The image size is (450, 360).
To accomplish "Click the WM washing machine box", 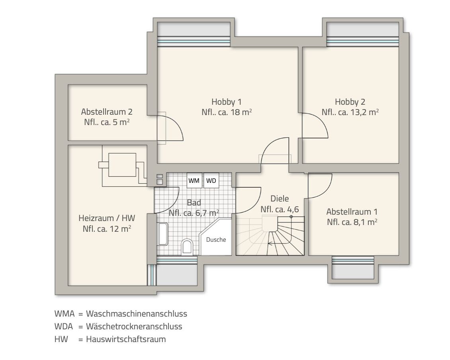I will [x=194, y=180].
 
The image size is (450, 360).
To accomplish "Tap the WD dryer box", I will [x=211, y=180].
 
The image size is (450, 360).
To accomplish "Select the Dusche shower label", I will [x=216, y=240].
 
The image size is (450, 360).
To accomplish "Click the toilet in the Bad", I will [x=186, y=247].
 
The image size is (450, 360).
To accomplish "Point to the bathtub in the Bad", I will [x=163, y=234].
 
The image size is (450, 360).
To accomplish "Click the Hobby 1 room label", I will [x=226, y=102].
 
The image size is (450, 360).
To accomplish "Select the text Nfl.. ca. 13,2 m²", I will [x=350, y=112].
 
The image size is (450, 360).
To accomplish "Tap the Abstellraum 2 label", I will [x=106, y=112].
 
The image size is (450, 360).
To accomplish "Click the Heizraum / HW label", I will [x=107, y=218].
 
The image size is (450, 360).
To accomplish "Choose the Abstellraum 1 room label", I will [x=352, y=211].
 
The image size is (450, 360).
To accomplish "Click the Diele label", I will [x=279, y=198].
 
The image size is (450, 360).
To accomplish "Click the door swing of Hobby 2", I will [x=315, y=125].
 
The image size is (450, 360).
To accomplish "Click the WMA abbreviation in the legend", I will [x=64, y=313].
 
